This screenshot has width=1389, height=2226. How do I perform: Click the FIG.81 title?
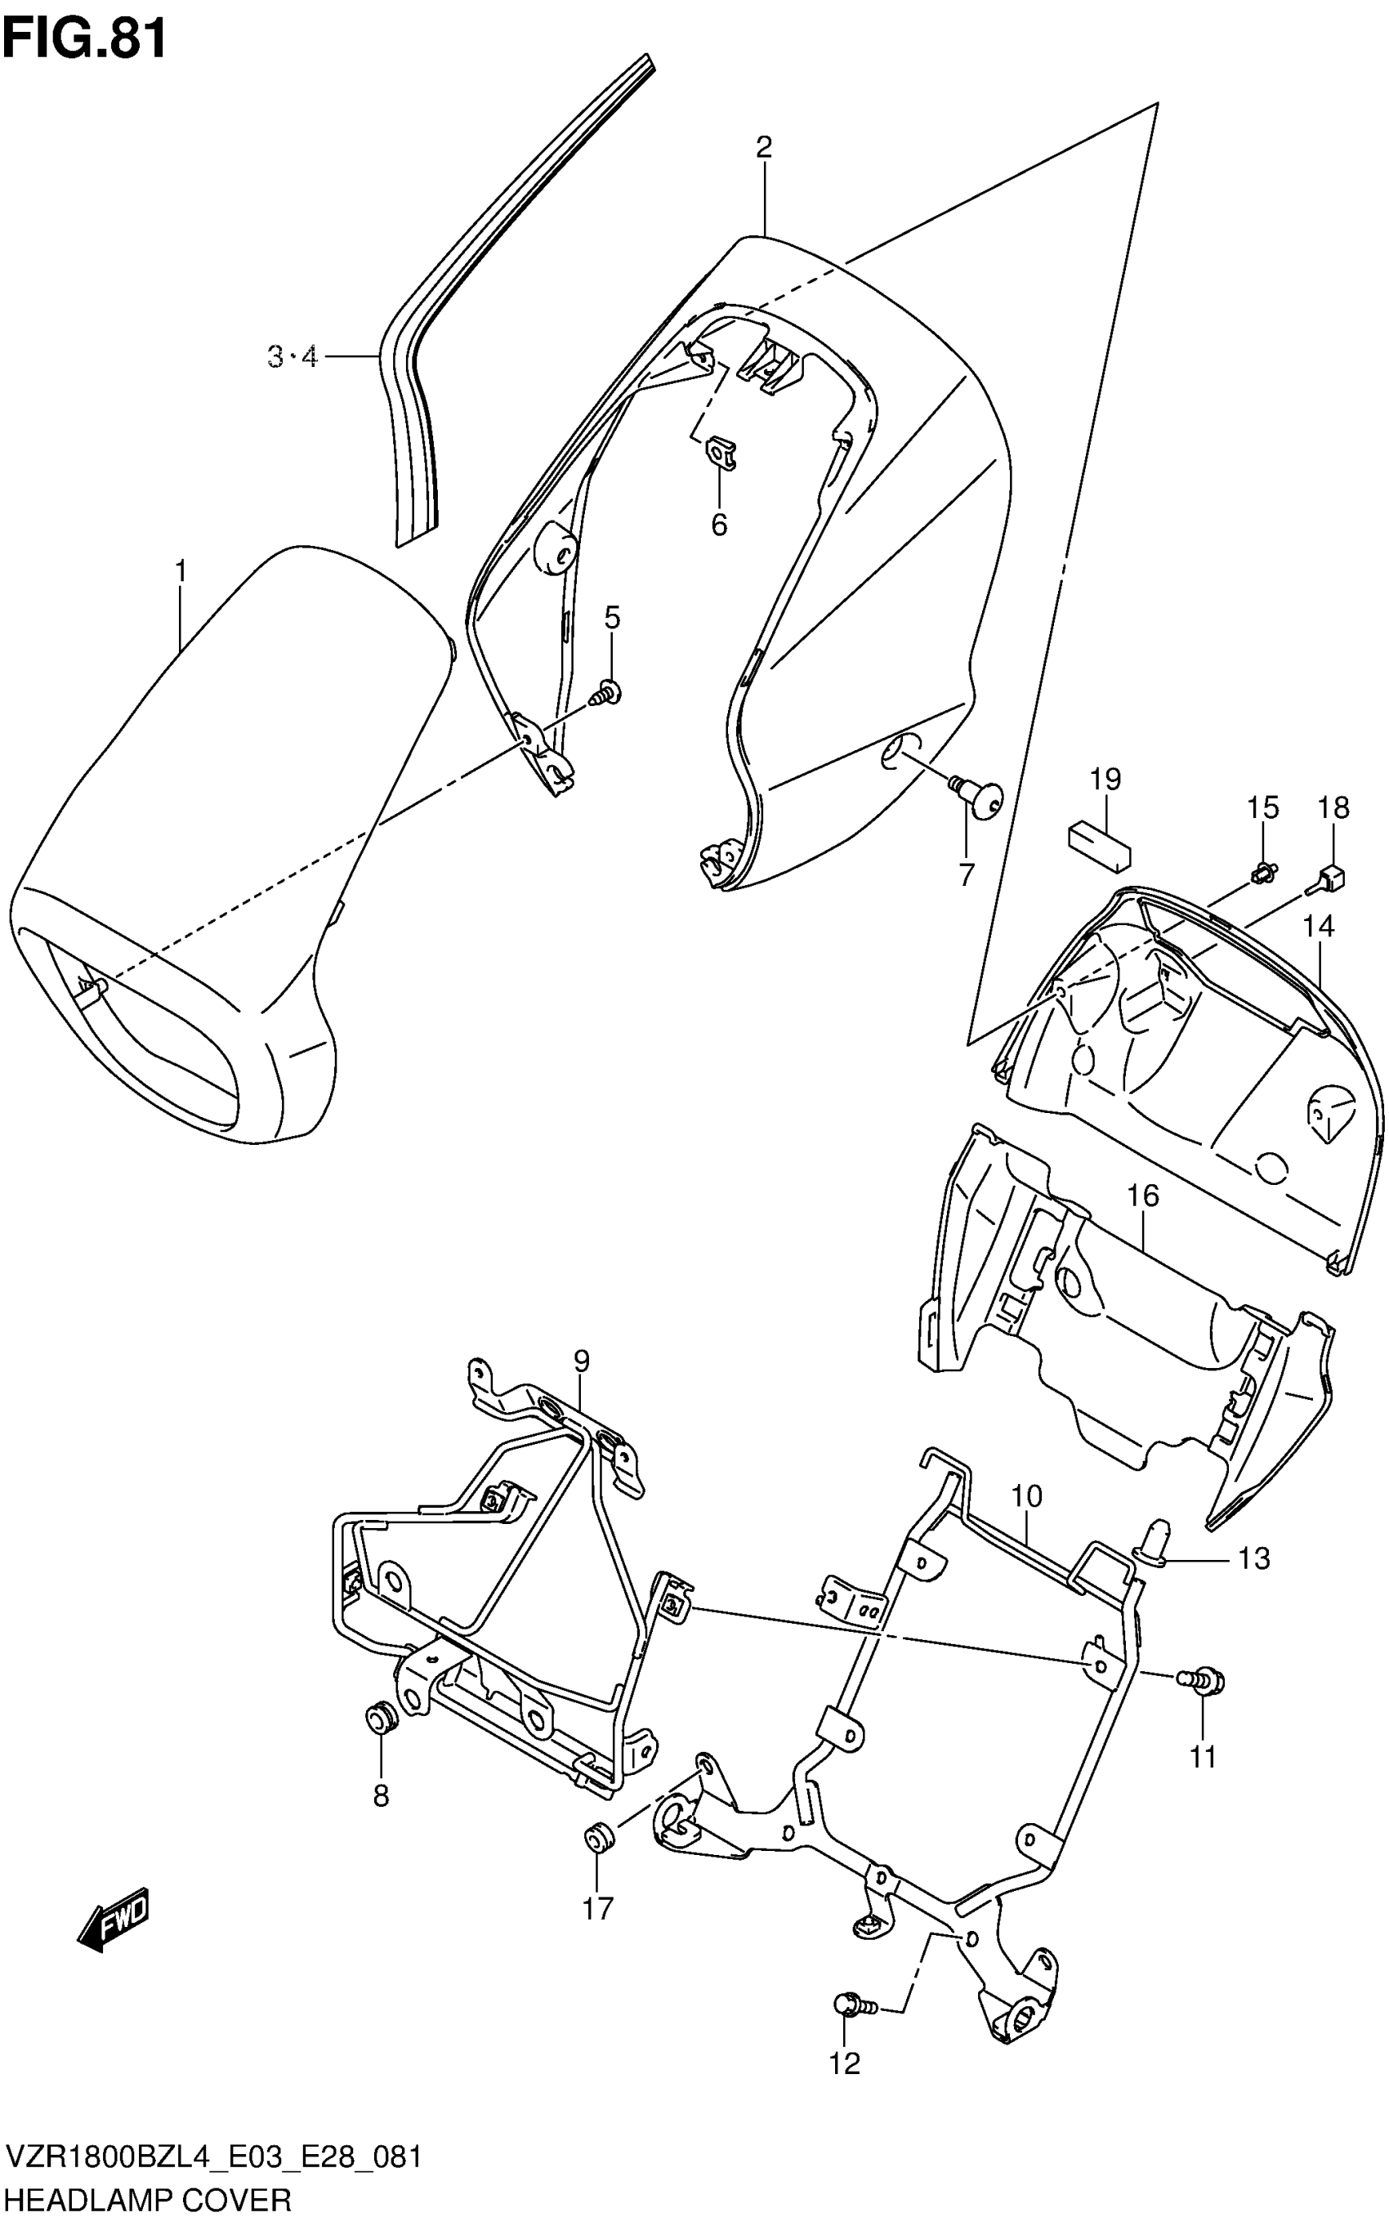point(84,38)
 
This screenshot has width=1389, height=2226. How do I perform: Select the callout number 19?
point(1105,780)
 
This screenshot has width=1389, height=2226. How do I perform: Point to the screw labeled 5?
point(607,692)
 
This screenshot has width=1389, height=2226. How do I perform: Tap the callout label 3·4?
point(293,355)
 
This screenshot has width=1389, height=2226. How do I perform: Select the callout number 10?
point(1027,1496)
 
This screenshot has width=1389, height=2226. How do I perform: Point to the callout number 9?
point(581,1361)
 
